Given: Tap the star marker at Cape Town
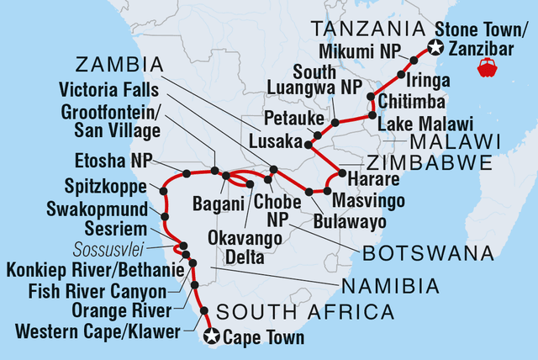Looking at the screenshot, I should pos(212,337).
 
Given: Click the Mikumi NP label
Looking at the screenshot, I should pos(366,49).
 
